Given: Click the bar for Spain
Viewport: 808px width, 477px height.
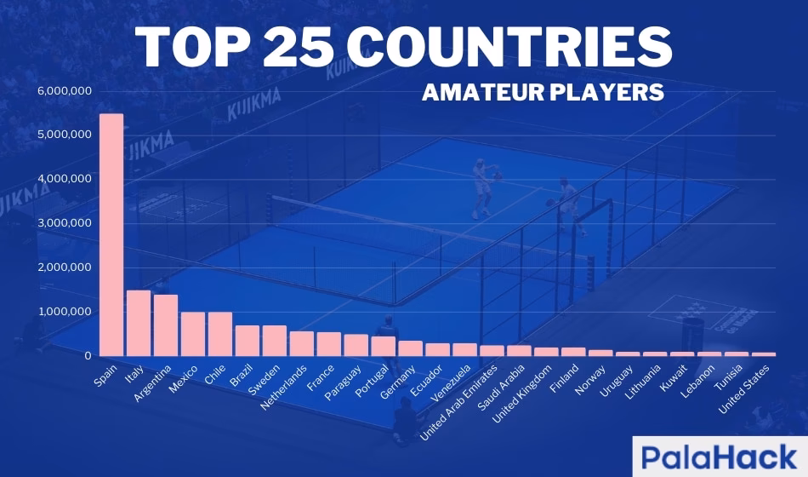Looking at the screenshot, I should coord(111,234).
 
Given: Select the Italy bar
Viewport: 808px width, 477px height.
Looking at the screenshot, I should coord(138,323).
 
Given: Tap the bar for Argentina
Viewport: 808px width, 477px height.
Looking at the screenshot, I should coord(165,325).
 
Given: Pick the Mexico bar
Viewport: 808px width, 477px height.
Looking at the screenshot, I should coord(192,334).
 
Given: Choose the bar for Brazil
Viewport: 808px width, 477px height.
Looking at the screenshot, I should coord(247,341).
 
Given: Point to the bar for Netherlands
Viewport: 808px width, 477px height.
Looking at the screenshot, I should coord(301,343).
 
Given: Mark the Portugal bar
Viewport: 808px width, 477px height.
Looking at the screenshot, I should coord(383,346).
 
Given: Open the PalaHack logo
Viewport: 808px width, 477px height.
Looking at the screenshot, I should coord(720,456).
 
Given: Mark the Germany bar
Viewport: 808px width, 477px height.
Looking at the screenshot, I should coord(410,348).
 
